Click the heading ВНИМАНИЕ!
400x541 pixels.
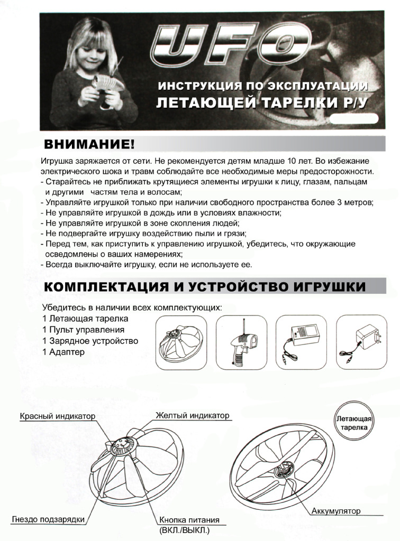coord(89,144)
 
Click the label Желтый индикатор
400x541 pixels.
coord(193,415)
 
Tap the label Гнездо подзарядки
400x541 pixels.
coord(48,519)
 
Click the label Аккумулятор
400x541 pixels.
coord(336,511)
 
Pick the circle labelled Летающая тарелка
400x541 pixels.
coord(354,423)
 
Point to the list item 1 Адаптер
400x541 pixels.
coord(63,352)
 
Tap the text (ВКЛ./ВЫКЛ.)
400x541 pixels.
coord(184,529)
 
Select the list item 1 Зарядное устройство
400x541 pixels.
coord(90,341)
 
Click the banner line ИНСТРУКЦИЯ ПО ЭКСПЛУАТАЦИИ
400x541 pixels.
coord(263,86)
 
